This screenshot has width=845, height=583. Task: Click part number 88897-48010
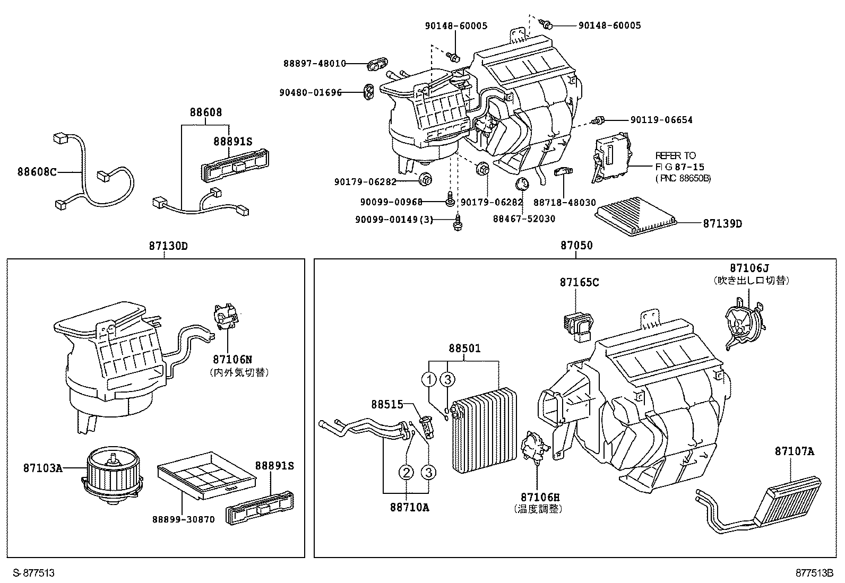(315, 63)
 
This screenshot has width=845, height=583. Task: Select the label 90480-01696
(311, 92)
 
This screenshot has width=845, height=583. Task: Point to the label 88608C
(37, 172)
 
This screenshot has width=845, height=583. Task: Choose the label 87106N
(232, 359)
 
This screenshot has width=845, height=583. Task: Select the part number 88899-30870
(184, 519)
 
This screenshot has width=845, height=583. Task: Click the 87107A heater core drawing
(758, 505)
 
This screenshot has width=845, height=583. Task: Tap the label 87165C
(579, 282)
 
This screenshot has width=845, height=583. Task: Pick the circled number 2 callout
(406, 472)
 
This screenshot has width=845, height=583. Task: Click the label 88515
(387, 405)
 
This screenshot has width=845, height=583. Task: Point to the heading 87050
(576, 246)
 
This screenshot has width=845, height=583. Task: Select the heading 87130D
(168, 246)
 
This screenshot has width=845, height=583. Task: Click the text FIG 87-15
(680, 167)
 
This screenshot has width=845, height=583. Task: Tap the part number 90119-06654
(662, 120)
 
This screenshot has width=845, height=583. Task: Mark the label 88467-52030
(524, 219)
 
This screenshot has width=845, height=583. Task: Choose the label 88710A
(410, 508)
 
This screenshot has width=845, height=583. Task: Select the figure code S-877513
(33, 573)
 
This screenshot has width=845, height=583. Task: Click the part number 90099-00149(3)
(394, 220)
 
